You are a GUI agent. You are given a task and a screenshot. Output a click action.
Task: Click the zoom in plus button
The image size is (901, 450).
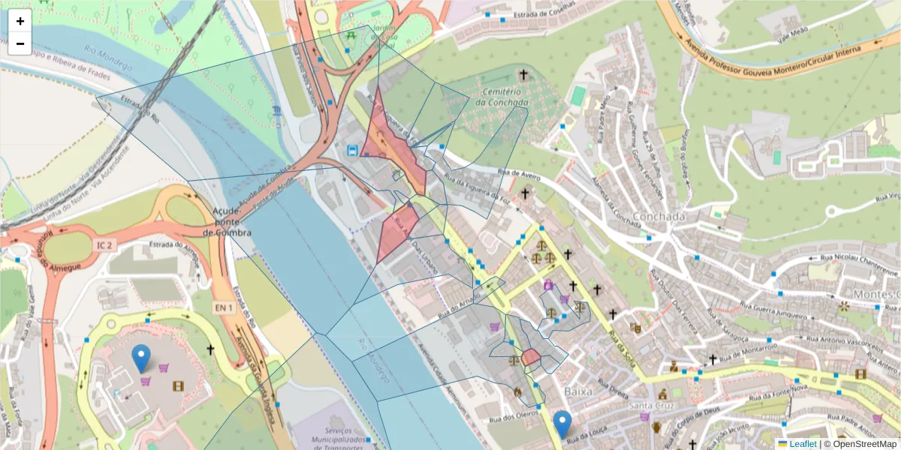20,21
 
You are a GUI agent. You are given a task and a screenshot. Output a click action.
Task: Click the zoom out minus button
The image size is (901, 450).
20,43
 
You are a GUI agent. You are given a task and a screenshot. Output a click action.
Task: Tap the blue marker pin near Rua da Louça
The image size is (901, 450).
562,424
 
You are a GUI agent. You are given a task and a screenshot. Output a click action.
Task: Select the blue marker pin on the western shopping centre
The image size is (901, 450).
140,358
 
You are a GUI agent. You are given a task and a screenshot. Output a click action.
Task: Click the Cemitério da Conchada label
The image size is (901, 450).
502,96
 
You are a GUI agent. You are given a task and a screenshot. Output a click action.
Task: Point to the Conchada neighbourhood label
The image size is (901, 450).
658,217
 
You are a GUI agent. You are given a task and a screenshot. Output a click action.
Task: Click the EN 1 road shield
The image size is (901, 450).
224,286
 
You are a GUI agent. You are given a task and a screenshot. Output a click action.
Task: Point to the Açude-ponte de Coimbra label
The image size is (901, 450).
227,222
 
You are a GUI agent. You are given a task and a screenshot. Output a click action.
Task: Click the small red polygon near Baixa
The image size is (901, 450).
532,357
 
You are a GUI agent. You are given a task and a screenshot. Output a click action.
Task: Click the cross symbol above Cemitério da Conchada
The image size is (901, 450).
523,75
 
